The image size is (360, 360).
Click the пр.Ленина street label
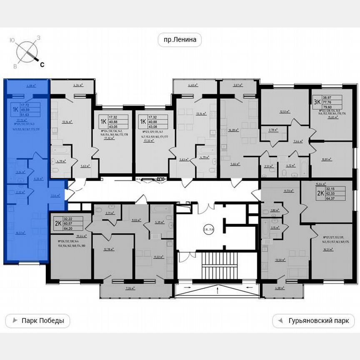[x=180, y=40]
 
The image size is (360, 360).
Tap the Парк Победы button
[x=38, y=321]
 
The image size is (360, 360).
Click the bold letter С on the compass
[x=42, y=64]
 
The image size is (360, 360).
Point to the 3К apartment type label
[x=317, y=101]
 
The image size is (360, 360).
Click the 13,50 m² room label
[x=280, y=260]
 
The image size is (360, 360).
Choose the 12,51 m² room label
[x=285, y=112]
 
